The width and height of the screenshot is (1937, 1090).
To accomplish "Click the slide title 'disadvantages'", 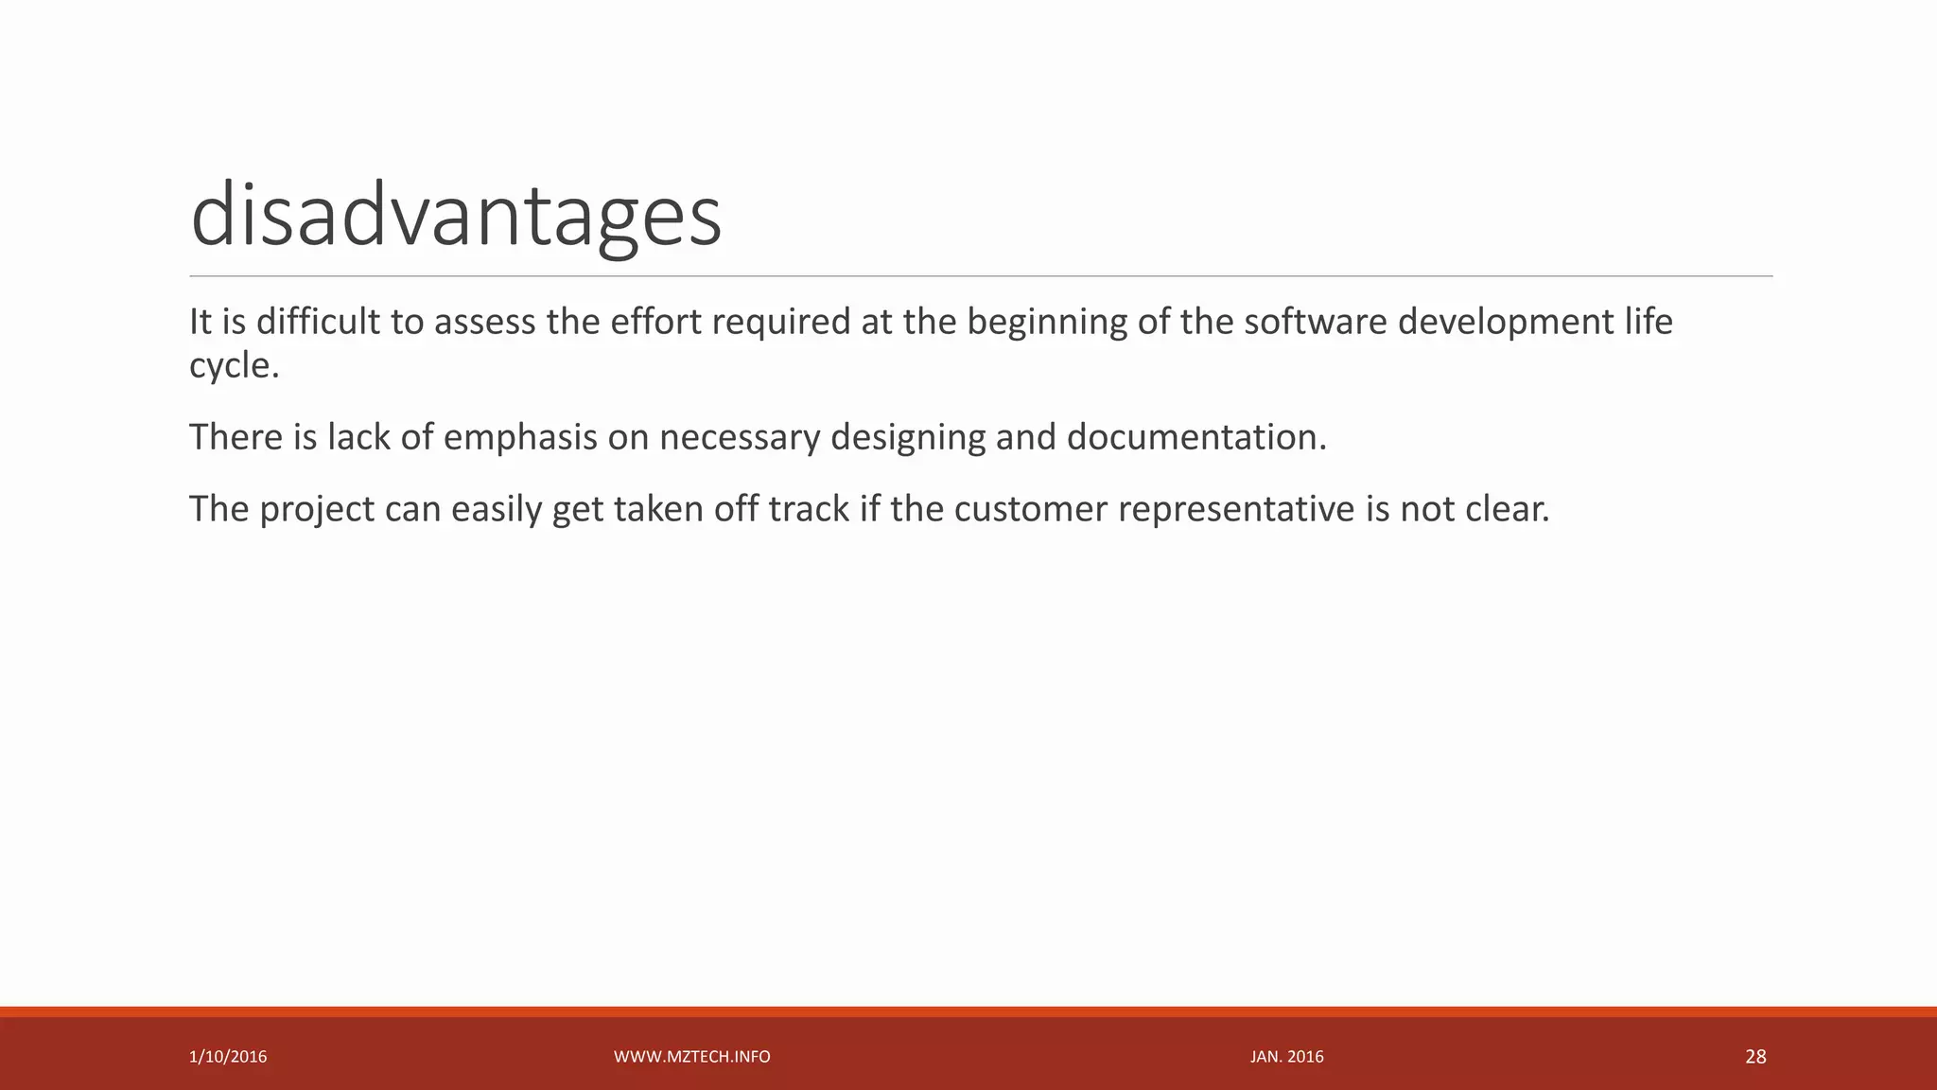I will (x=456, y=216).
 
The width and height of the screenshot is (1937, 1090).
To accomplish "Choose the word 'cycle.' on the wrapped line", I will (x=235, y=366).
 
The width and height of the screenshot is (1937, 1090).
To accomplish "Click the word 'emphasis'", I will (x=520, y=438).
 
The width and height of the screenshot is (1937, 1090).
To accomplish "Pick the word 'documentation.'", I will (x=1196, y=437).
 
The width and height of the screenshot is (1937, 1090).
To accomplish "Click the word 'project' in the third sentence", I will (x=317, y=510).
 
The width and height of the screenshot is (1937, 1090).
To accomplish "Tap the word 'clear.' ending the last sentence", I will (x=1507, y=509).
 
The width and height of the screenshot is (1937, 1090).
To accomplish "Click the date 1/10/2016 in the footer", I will (x=228, y=1057).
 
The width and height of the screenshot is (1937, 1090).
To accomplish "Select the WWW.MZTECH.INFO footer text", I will (x=691, y=1057).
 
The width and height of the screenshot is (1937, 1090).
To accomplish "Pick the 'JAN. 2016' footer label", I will (x=1286, y=1057).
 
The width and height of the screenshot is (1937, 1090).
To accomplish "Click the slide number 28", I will (x=1755, y=1057).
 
